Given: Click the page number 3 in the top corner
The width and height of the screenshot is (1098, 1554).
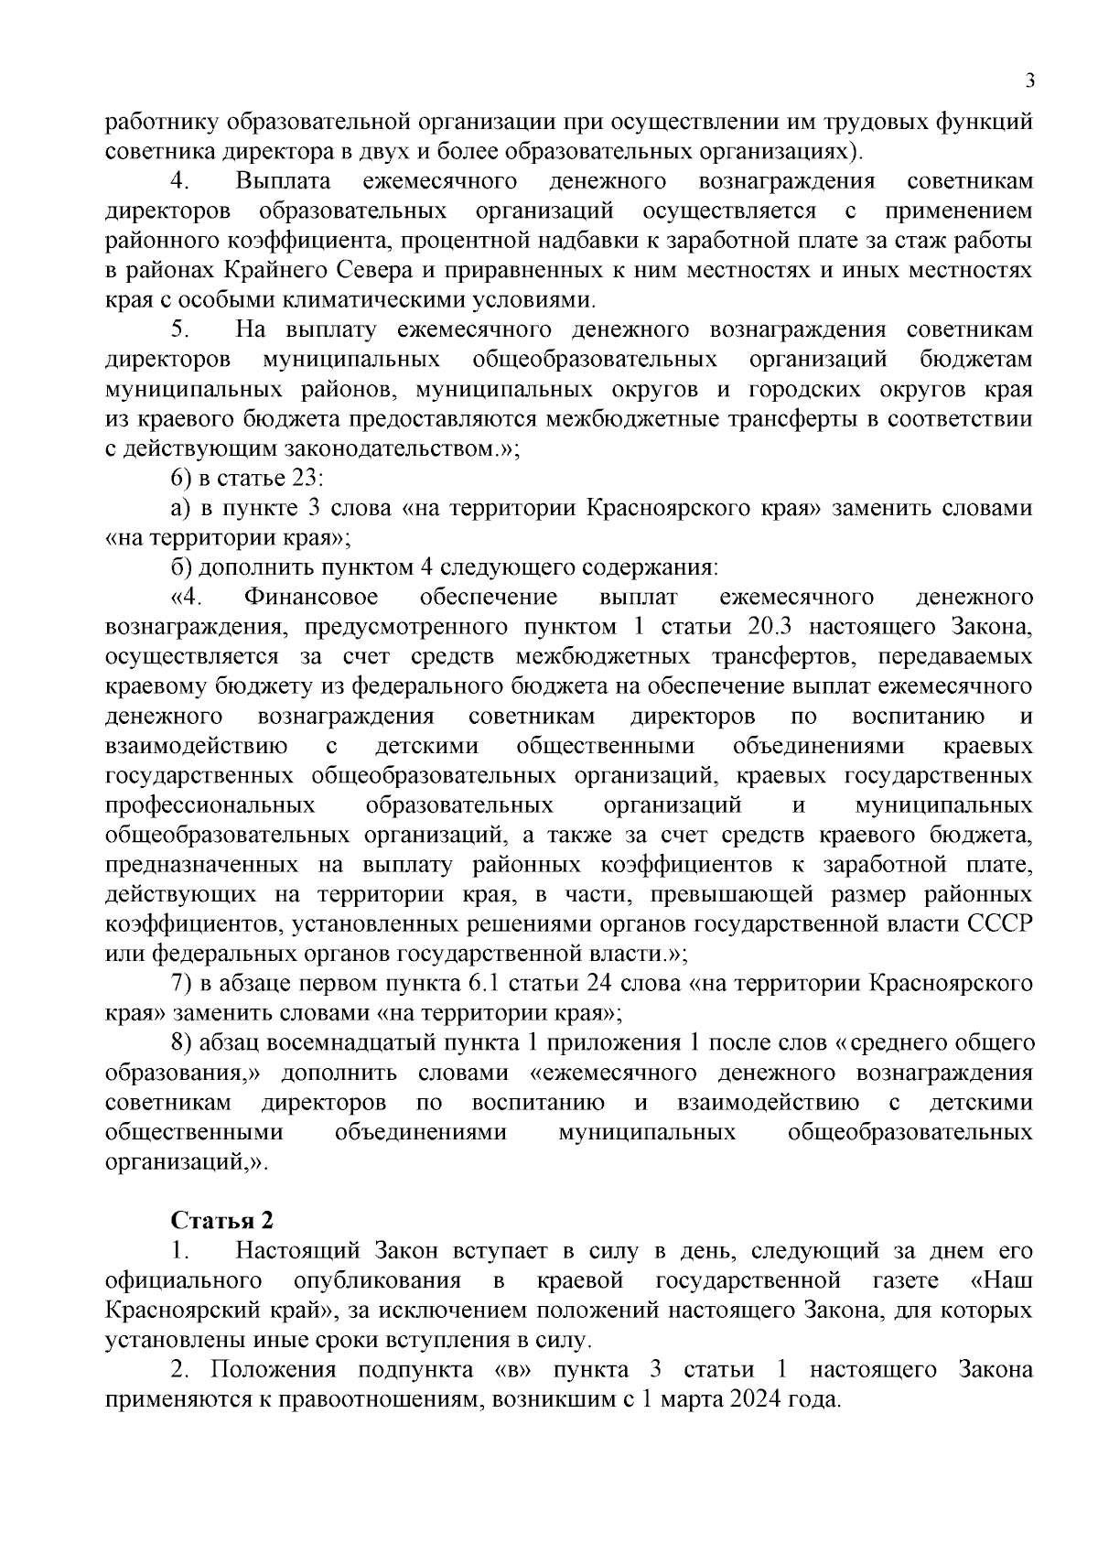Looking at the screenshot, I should coord(1029,81).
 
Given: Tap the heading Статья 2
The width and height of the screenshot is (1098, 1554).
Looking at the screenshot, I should coord(221,1220).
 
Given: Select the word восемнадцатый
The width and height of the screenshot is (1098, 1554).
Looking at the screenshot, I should coord(343,1042).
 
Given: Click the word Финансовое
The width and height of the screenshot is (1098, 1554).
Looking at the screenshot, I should coord(311,598).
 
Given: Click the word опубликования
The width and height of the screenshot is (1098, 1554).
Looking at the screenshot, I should coord(386,1279).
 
